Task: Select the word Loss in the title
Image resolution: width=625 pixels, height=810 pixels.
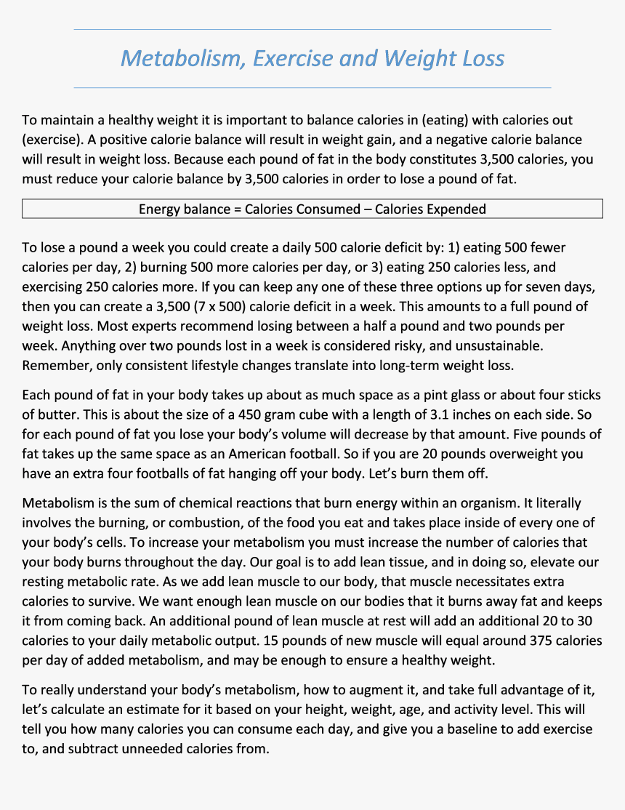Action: [477, 58]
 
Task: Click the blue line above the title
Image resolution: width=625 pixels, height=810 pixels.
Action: [312, 30]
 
